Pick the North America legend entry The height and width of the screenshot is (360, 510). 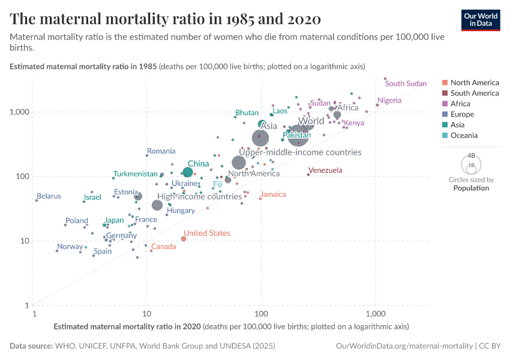474,82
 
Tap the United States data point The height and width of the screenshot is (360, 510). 184,239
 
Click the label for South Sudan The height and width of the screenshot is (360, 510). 406,83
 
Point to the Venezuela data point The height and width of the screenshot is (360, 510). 308,174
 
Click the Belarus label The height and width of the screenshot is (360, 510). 49,196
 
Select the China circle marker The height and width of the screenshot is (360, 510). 188,172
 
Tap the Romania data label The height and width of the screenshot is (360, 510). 161,151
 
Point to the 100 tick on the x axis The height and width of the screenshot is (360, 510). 261,314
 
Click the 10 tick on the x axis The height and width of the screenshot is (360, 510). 147,314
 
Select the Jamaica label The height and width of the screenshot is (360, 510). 273,194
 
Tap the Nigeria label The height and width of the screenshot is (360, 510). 389,100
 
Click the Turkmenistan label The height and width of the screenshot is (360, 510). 136,174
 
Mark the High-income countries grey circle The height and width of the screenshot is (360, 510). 157,205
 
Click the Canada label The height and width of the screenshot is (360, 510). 163,247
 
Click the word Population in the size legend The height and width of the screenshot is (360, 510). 471,188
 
